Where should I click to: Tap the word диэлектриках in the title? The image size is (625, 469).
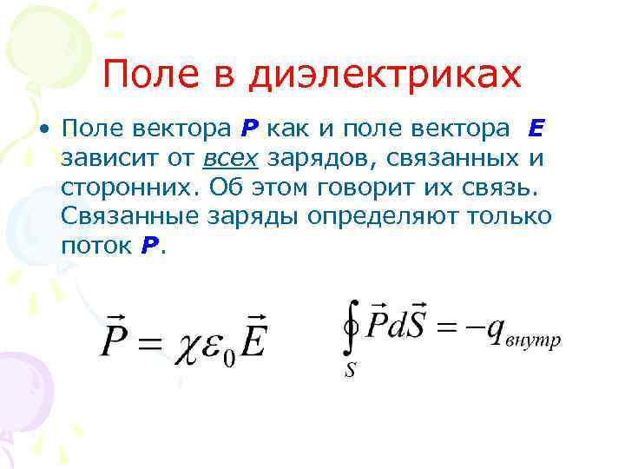[x=385, y=76]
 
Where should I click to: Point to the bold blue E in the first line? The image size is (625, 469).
[x=535, y=129]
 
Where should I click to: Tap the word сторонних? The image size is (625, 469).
[x=119, y=188]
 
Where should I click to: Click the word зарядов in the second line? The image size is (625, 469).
[x=318, y=159]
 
